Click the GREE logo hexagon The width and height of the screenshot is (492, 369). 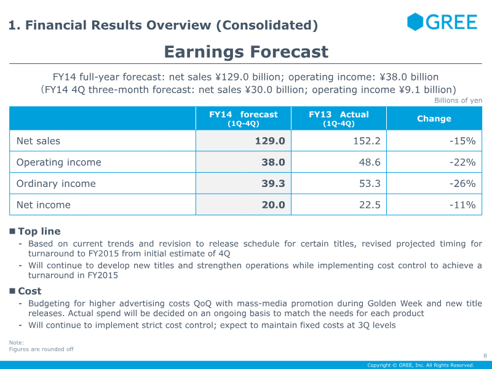(415, 22)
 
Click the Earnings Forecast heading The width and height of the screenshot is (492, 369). (246, 52)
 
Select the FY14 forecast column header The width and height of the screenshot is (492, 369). (244, 119)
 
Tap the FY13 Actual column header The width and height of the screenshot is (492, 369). (339, 119)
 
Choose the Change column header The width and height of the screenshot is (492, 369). (434, 119)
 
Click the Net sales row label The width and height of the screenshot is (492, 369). (38, 141)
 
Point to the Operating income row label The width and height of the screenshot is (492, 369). (58, 162)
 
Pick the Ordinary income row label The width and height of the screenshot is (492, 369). (56, 183)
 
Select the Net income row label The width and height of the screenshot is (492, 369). (43, 205)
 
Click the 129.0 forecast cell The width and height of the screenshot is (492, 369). (270, 141)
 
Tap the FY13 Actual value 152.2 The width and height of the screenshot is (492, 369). (367, 141)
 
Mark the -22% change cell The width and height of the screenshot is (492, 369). (462, 162)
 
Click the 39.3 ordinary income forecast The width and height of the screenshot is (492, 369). (273, 183)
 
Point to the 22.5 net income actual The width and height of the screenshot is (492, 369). (370, 205)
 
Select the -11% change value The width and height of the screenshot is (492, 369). (462, 205)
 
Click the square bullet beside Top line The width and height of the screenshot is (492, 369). (12, 231)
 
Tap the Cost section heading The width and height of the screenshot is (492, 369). (30, 291)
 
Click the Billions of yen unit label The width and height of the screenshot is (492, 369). (458, 100)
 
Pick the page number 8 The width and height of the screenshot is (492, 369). (485, 355)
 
